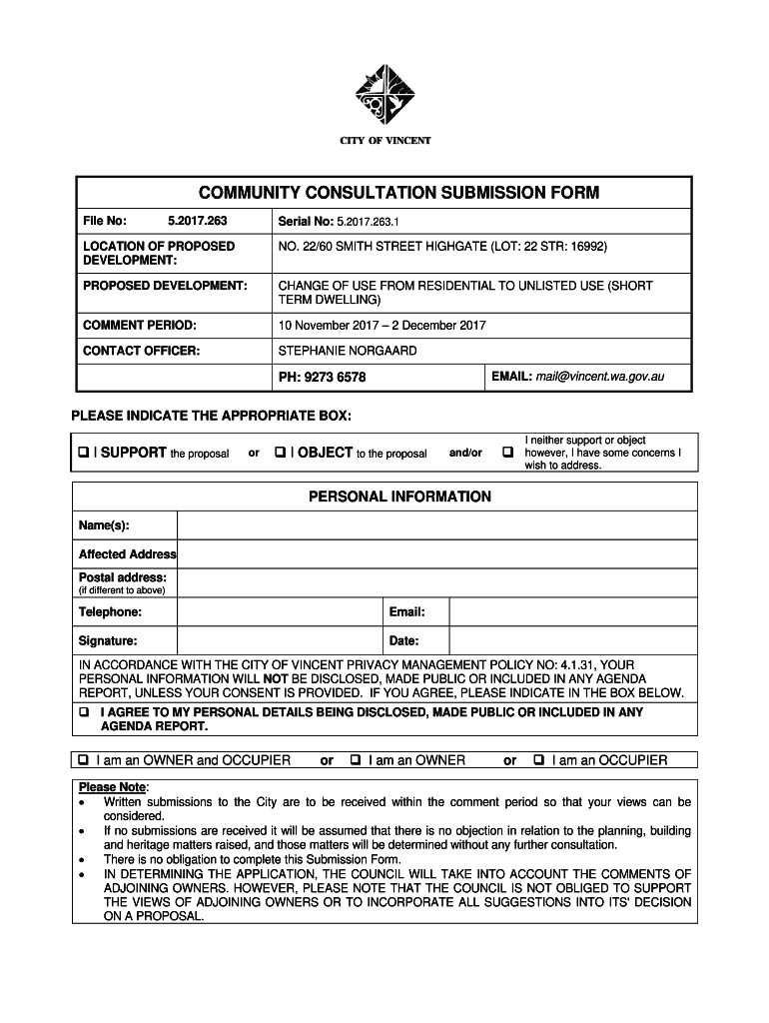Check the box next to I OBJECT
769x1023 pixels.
(281, 453)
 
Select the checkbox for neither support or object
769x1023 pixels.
(507, 453)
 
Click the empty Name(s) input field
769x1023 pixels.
(436, 525)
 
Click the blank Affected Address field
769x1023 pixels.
(436, 554)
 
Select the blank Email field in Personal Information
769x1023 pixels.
(572, 612)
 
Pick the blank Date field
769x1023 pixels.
(572, 641)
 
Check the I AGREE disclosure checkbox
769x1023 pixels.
(84, 713)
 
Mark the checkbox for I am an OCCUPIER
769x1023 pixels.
(539, 760)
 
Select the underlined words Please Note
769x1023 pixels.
(112, 787)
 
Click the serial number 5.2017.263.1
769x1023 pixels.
(368, 221)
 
